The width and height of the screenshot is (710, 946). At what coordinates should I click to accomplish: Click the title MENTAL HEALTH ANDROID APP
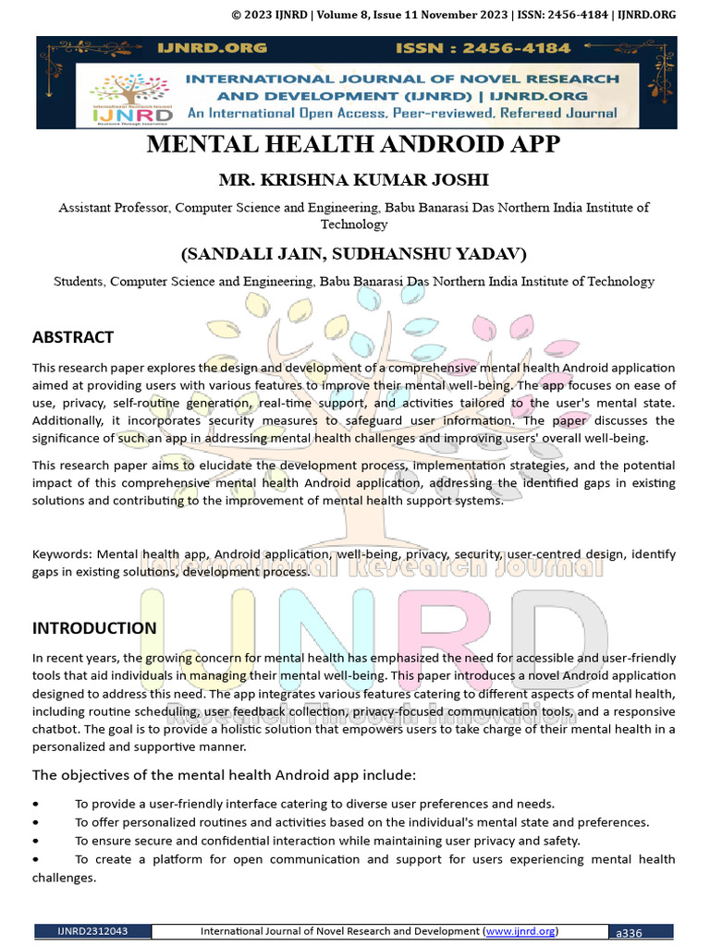point(354,146)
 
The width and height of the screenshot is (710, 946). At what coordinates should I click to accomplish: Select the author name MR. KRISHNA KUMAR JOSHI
point(354,179)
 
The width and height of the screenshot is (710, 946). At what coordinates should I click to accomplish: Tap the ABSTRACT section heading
point(73,337)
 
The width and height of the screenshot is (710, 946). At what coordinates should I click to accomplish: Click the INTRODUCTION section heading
point(94,628)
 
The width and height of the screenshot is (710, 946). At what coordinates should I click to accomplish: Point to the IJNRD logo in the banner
point(130,96)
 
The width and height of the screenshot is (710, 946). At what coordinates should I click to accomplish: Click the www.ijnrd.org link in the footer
point(521,930)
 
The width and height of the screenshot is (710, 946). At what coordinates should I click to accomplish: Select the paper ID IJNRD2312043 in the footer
point(92,931)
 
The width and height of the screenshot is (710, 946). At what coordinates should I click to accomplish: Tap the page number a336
point(629,932)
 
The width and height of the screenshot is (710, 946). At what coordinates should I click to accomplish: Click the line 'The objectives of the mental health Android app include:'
point(224,774)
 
